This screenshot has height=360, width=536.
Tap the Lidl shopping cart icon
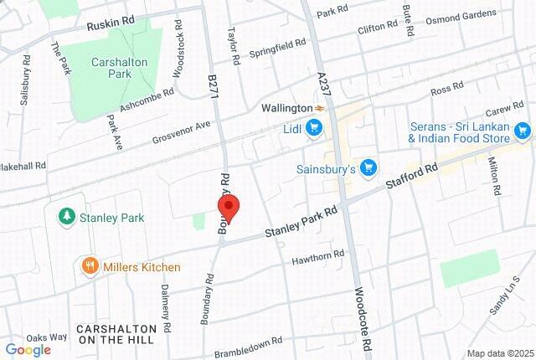click(314, 128)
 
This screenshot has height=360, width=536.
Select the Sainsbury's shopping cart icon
click(367, 169)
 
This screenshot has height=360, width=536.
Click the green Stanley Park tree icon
click(65, 217)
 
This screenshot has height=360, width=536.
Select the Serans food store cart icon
click(523, 131)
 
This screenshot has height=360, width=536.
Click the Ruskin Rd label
click(111, 25)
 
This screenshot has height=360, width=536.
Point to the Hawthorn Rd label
click(318, 257)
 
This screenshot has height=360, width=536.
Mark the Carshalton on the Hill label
click(116, 333)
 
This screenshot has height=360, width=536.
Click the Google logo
click(28, 349)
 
